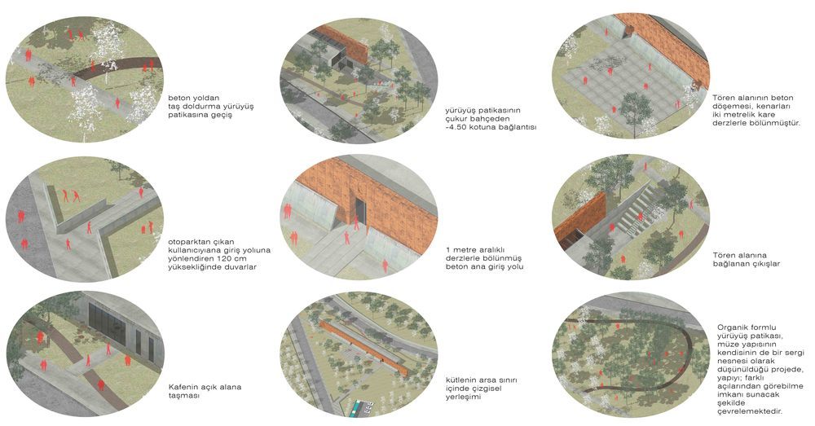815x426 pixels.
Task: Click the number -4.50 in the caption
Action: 457,127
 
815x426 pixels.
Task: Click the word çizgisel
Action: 484,389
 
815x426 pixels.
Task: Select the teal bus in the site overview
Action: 358,408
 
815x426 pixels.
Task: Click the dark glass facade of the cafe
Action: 107,322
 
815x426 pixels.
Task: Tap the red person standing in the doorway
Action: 357,222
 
